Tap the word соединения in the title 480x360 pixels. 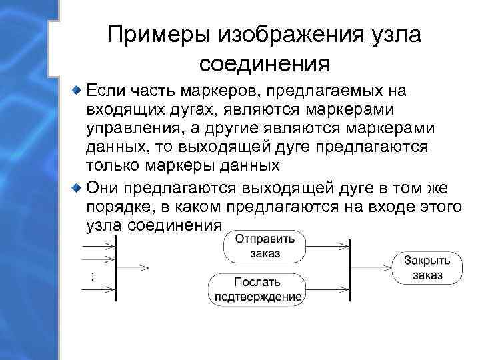click(265, 64)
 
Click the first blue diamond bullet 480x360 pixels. click(78, 89)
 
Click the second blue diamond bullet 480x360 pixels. click(78, 186)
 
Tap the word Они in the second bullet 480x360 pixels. click(101, 186)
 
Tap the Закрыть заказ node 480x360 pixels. click(427, 267)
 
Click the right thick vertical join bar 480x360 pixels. click(350, 267)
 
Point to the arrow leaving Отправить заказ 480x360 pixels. click(327, 245)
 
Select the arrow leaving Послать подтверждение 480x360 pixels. click(327, 288)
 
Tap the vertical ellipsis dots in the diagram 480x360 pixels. click(91, 276)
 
